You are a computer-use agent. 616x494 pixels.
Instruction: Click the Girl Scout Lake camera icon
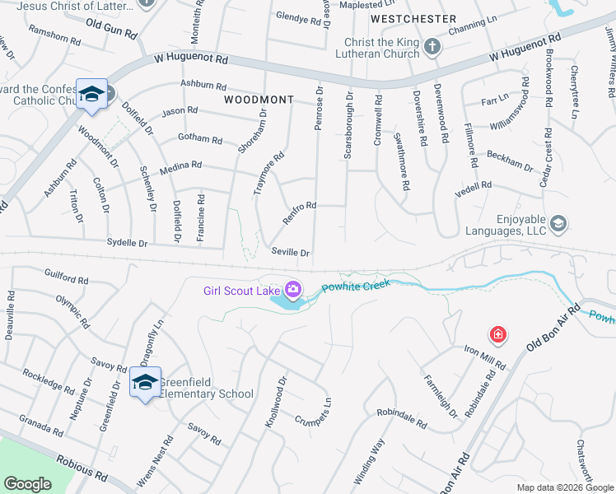point(292,289)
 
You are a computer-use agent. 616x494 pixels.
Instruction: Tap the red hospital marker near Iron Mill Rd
point(497,334)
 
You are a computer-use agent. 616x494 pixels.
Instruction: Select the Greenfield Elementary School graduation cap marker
point(146,382)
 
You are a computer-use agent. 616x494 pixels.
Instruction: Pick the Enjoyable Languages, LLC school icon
point(558,223)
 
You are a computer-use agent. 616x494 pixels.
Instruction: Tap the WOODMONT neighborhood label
point(259,100)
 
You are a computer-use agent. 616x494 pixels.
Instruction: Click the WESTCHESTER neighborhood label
point(413,18)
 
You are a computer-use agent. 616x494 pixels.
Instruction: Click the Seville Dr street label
point(290,253)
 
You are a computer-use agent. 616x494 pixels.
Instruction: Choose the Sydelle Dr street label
point(127,243)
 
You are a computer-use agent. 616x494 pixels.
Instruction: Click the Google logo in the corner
point(27,484)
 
